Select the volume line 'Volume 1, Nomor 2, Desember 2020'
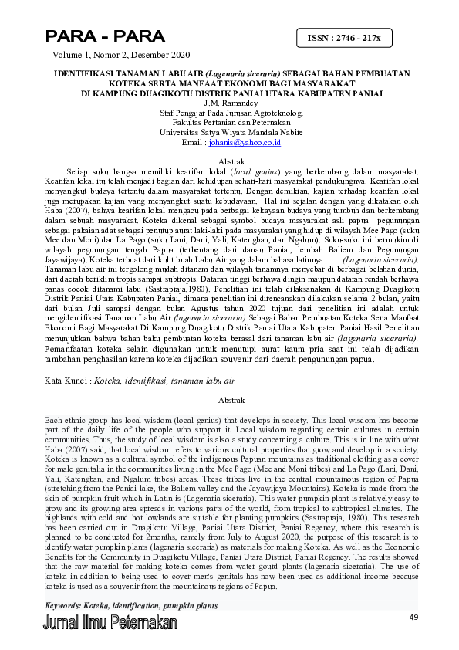click(120, 56)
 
